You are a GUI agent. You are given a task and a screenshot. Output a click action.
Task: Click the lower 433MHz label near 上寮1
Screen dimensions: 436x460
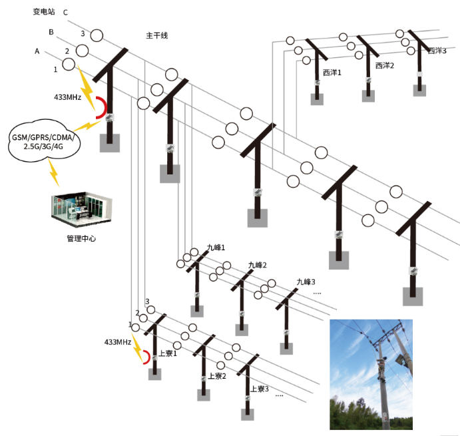(x=117, y=341)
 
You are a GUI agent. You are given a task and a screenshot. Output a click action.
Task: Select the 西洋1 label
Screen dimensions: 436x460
(x=332, y=72)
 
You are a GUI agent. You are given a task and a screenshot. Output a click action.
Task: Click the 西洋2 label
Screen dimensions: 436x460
(x=385, y=66)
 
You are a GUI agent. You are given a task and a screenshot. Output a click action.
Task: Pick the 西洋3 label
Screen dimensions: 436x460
(x=437, y=51)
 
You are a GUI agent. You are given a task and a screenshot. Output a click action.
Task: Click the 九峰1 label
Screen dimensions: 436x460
(x=216, y=248)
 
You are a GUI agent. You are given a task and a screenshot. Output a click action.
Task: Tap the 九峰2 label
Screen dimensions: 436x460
(x=257, y=265)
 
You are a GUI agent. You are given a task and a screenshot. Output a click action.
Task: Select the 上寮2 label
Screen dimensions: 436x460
(x=217, y=375)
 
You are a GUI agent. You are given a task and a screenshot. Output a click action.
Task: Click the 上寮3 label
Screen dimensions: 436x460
(x=258, y=389)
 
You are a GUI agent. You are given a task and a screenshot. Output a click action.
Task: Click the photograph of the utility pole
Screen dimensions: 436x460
(x=371, y=374)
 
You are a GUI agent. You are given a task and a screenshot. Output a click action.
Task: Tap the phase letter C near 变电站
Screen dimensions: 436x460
(x=65, y=13)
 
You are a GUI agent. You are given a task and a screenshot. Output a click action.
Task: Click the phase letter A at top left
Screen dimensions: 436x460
(x=37, y=51)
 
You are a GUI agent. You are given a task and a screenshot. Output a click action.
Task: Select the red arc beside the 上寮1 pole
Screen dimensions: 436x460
(x=144, y=357)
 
